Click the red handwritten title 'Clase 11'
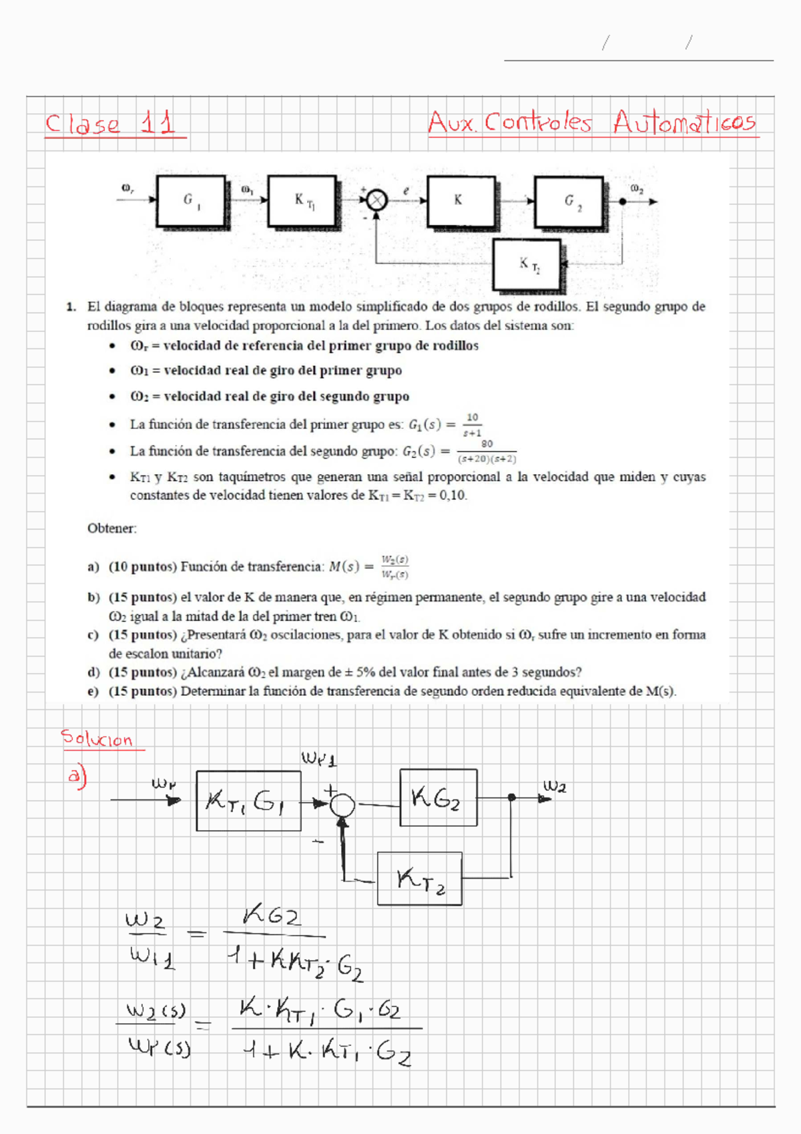(111, 124)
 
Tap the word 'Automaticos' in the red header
(685, 122)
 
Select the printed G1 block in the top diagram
(191, 201)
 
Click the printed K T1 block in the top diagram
(302, 201)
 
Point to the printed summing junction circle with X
(377, 200)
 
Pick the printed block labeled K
(461, 201)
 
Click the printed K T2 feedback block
(528, 265)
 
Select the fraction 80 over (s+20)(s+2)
(487, 452)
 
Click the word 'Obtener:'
(112, 528)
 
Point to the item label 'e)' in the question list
(93, 691)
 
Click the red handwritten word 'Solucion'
(97, 739)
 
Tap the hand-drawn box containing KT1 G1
(248, 801)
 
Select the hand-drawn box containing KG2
(438, 797)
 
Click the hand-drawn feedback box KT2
(419, 879)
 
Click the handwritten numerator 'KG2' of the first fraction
(272, 916)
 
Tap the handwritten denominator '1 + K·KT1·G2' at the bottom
(327, 1053)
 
